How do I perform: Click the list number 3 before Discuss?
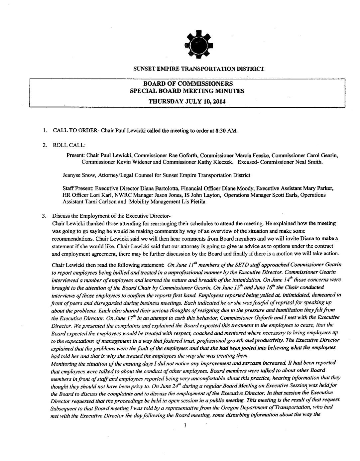(x=43, y=215)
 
